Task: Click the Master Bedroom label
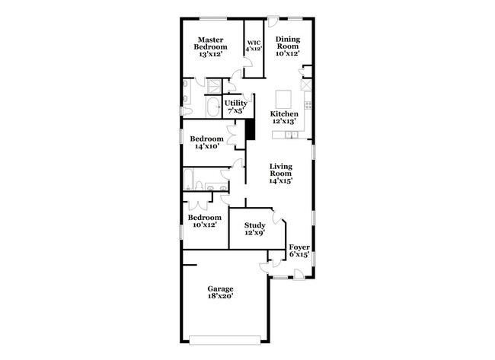[x=212, y=47]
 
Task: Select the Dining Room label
[x=288, y=46]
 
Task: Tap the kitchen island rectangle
[x=284, y=99]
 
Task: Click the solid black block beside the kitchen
[x=249, y=131]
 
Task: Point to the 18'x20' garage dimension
[x=220, y=297]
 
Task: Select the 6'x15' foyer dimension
[x=299, y=254]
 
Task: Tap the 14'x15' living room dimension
[x=281, y=181]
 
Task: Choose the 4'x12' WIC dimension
[x=254, y=49]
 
